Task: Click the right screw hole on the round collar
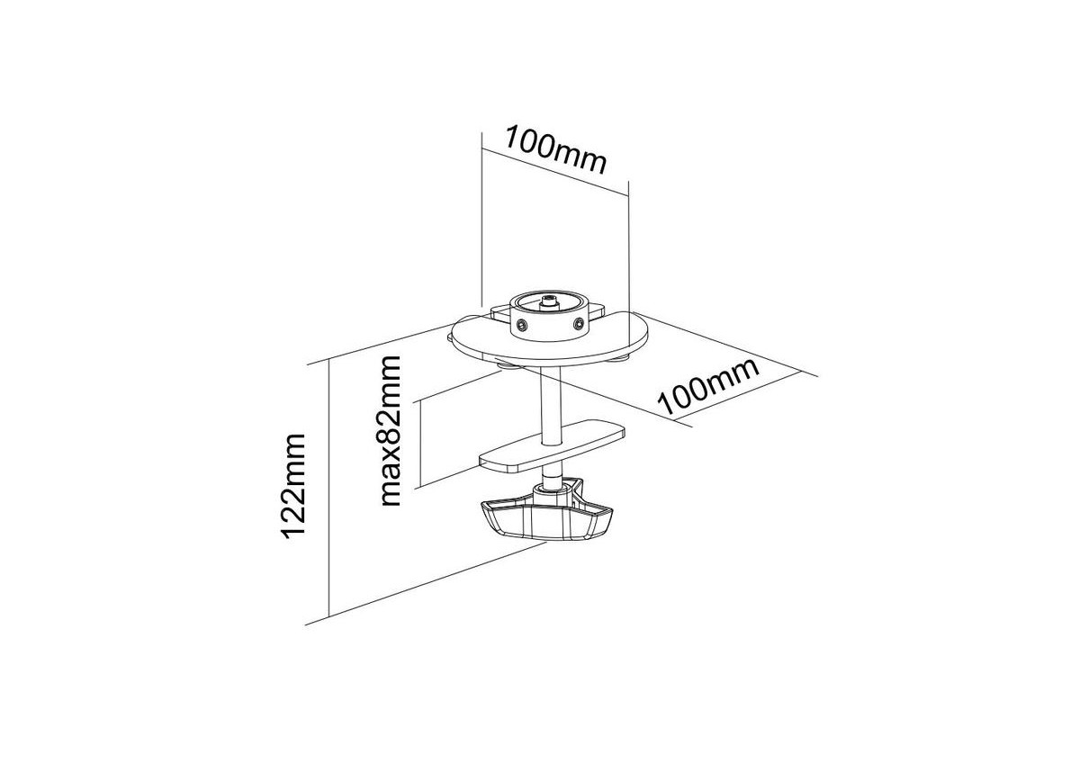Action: pyautogui.click(x=578, y=324)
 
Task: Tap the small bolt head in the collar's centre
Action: pyautogui.click(x=548, y=301)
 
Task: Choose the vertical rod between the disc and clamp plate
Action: pyautogui.click(x=550, y=406)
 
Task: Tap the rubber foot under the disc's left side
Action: pyautogui.click(x=508, y=368)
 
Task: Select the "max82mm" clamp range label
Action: pyautogui.click(x=389, y=431)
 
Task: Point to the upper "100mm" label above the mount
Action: pyautogui.click(x=555, y=149)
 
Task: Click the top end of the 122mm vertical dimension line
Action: pyautogui.click(x=328, y=359)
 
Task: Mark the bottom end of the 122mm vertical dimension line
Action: pyautogui.click(x=328, y=617)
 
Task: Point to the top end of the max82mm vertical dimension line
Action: pyautogui.click(x=421, y=400)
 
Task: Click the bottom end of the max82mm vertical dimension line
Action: pyautogui.click(x=421, y=485)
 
